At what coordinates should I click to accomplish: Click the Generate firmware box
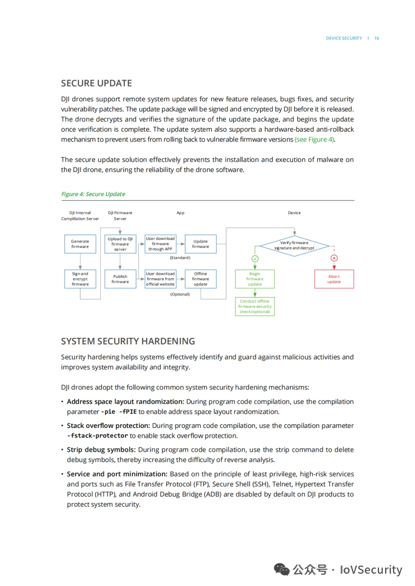(80, 244)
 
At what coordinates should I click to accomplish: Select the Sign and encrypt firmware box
(80, 279)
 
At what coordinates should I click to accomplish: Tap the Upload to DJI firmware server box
(120, 244)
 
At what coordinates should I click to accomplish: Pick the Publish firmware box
(120, 279)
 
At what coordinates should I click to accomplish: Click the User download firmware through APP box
(160, 244)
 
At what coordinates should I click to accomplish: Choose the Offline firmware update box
(201, 279)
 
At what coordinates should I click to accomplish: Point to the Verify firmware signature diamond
(294, 246)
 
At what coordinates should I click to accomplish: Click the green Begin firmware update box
(255, 279)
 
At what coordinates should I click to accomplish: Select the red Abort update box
(334, 279)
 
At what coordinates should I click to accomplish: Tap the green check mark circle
(255, 259)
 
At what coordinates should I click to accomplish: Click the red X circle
(334, 258)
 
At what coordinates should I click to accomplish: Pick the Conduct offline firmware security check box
(255, 307)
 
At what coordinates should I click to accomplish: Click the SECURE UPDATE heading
(96, 83)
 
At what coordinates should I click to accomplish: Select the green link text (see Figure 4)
(315, 140)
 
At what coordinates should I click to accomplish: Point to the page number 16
(377, 38)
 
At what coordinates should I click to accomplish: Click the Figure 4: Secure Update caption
(93, 194)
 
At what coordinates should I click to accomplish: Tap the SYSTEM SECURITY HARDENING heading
(128, 341)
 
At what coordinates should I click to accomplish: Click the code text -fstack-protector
(98, 436)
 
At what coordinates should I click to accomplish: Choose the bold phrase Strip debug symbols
(101, 450)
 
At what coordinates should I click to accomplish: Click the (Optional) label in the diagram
(180, 294)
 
